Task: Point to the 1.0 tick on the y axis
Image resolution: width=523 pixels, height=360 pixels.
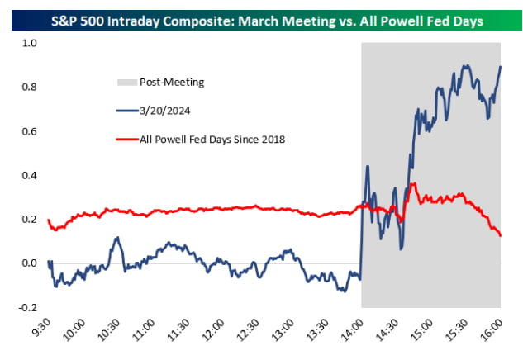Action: point(30,43)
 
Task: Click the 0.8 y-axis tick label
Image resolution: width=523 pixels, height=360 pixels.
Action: point(30,87)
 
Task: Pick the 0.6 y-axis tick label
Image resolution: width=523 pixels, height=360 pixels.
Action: point(30,131)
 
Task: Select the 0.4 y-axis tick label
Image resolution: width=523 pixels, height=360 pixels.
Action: point(30,175)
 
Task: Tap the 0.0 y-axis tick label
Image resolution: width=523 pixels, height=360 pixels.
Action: point(30,263)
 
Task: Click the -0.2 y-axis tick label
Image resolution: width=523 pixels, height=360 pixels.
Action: point(28,307)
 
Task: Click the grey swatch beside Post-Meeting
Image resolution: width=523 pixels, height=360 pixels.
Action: point(126,82)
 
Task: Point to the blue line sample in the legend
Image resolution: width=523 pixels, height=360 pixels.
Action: point(126,110)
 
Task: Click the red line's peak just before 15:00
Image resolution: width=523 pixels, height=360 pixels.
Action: point(413,184)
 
